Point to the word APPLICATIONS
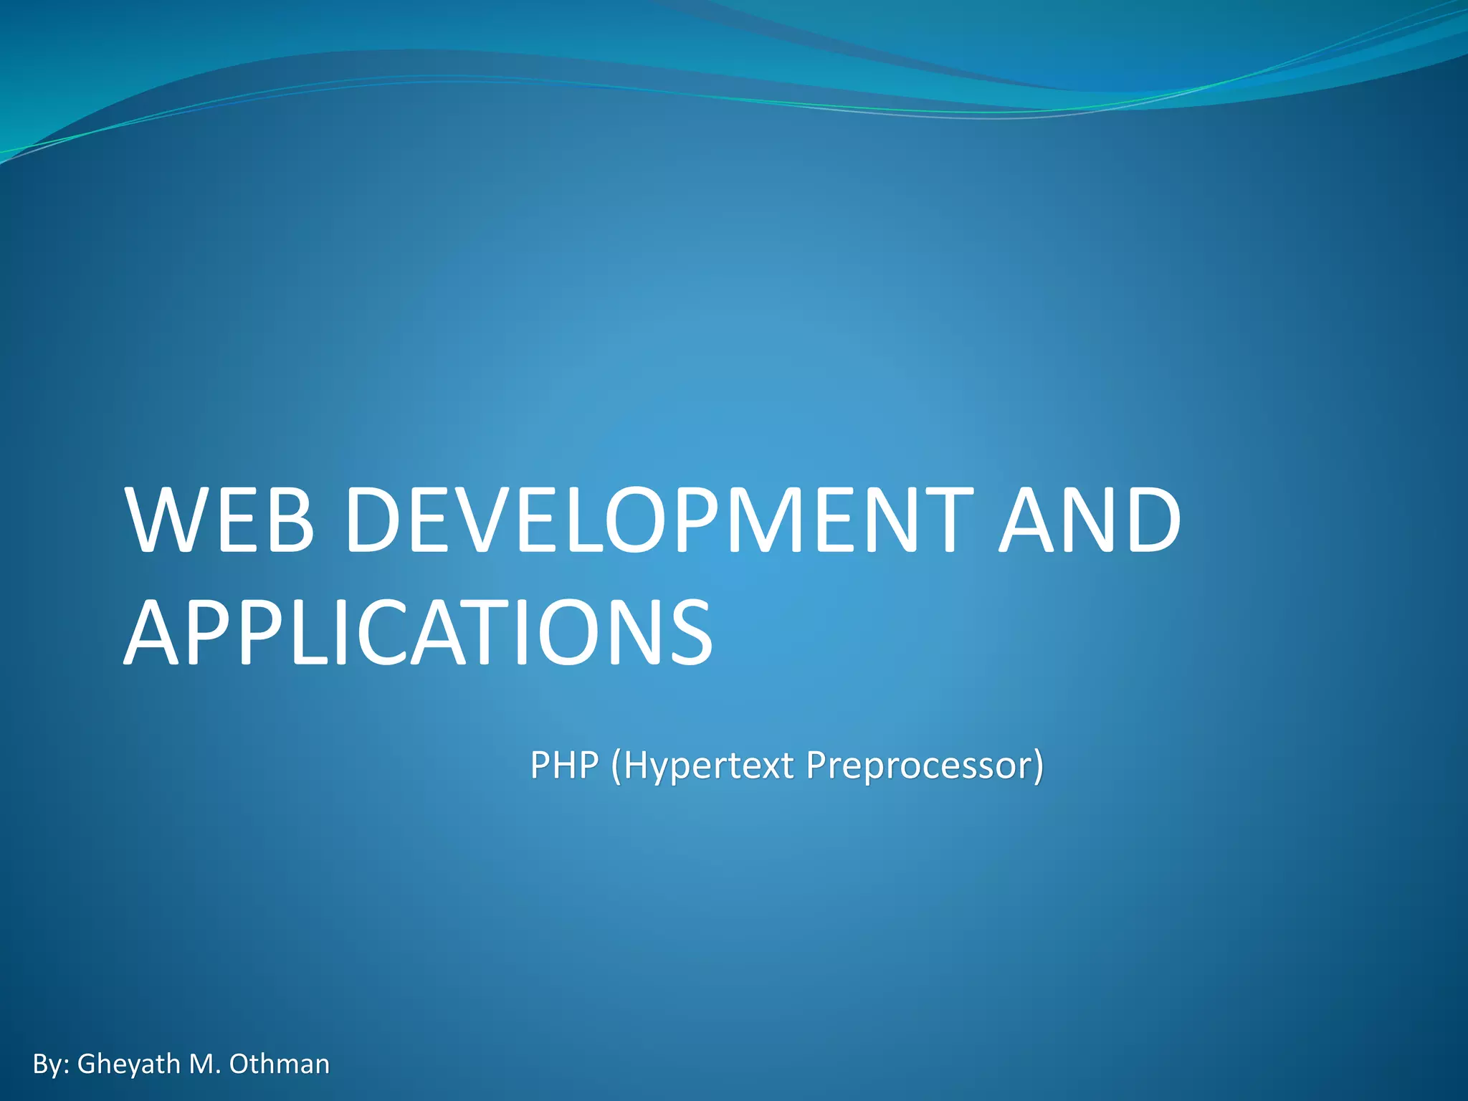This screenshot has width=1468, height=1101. click(419, 633)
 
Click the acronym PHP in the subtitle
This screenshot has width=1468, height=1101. click(564, 765)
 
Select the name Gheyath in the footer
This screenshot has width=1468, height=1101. click(128, 1064)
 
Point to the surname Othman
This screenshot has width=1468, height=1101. click(279, 1064)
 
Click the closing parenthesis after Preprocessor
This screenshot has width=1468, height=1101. click(1038, 766)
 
